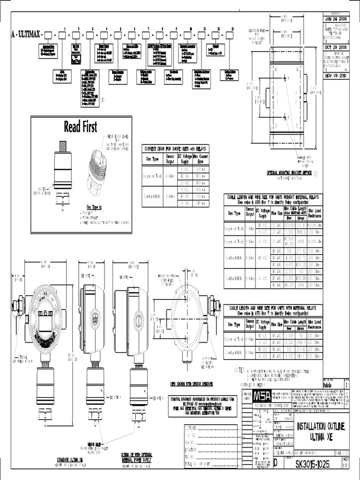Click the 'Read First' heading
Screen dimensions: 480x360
tap(80, 127)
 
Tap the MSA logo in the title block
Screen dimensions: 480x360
tap(265, 396)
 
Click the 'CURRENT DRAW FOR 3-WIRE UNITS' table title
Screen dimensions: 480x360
tap(175, 149)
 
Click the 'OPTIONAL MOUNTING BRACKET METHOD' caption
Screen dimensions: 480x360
tap(289, 172)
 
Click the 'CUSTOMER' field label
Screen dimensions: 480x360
tap(180, 427)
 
